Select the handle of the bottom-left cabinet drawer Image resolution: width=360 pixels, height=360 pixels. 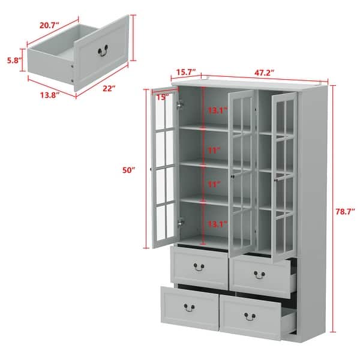189,307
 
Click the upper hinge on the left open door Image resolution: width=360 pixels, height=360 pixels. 179,103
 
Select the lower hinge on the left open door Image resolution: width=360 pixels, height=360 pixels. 179,221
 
